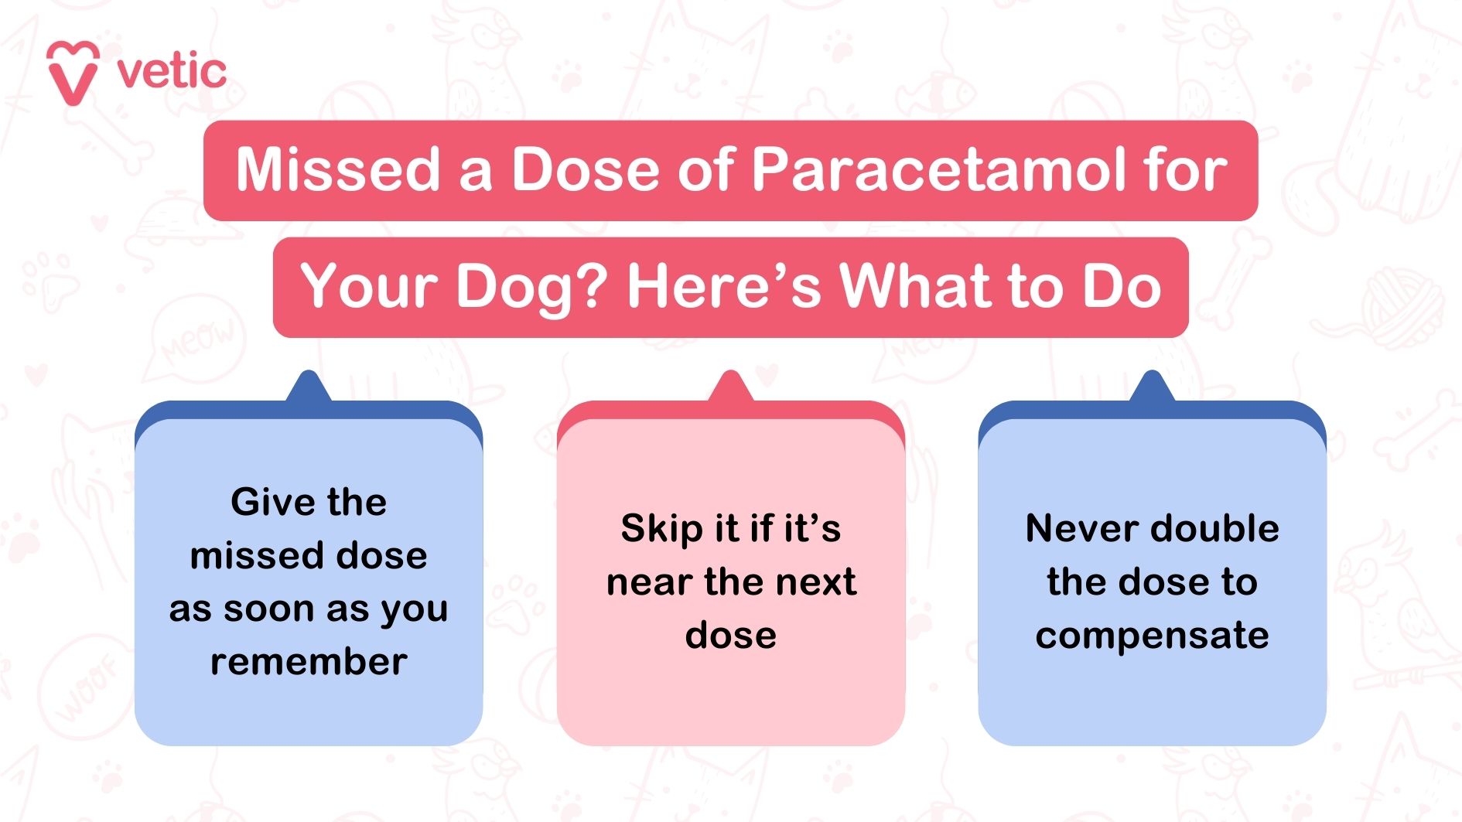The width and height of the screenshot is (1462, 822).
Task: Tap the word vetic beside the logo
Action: [x=172, y=72]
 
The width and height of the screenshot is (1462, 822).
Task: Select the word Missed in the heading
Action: [x=337, y=169]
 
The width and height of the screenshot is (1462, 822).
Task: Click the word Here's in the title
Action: [x=723, y=285]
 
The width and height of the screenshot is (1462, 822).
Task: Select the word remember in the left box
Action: [x=309, y=662]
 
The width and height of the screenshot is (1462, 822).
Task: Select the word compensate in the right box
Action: [x=1152, y=636]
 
